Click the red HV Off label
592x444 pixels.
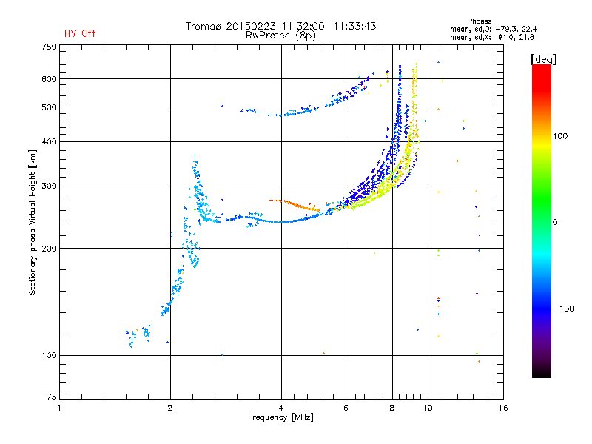pos(80,33)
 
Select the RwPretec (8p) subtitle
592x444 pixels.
pos(280,36)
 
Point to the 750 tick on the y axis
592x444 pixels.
pos(49,47)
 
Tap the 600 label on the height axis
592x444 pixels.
pos(49,79)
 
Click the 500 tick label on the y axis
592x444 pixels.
pos(49,107)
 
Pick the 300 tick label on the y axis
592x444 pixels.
pos(49,186)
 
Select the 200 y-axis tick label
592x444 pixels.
pos(49,249)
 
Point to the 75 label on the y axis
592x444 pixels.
pos(52,397)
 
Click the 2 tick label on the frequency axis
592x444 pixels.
pos(170,408)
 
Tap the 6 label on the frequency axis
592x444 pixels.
pos(346,408)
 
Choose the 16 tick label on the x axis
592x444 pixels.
pos(503,408)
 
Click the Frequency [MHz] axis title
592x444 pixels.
pos(280,417)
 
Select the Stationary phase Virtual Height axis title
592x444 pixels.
pos(32,223)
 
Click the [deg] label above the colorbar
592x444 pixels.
pos(543,59)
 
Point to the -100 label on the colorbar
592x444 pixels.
pos(563,309)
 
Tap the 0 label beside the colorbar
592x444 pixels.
pos(555,223)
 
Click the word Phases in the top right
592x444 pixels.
pos(479,21)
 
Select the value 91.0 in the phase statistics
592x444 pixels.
pos(506,38)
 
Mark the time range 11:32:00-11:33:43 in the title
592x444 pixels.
pos(329,26)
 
